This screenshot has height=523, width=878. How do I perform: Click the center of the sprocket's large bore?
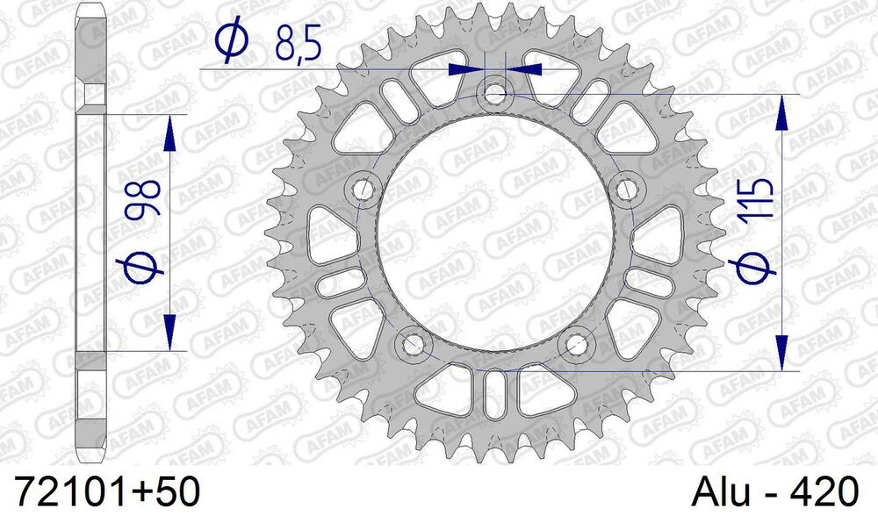(494, 230)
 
